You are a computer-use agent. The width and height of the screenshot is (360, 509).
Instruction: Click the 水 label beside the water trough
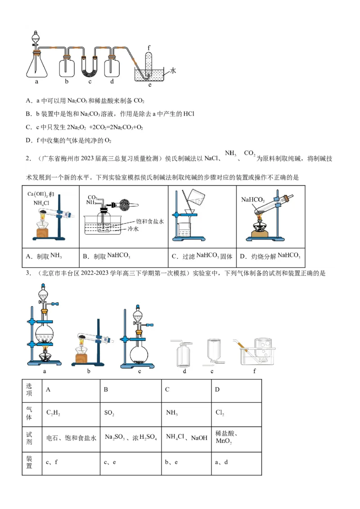pos(173,71)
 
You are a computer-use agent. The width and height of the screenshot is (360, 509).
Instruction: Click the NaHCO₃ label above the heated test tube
pos(253,199)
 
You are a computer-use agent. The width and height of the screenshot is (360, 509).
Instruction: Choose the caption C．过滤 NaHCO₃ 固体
pos(202,256)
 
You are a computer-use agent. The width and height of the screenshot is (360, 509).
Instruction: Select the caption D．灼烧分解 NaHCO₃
pos(270,256)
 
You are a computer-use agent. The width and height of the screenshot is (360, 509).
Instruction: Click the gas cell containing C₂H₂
pos(70,413)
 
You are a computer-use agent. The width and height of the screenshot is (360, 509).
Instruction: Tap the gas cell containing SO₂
pos(130,413)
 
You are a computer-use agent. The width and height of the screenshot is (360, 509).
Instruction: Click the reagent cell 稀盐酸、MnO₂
pos(235,438)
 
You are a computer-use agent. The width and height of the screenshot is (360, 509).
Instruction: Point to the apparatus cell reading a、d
pos(235,462)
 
